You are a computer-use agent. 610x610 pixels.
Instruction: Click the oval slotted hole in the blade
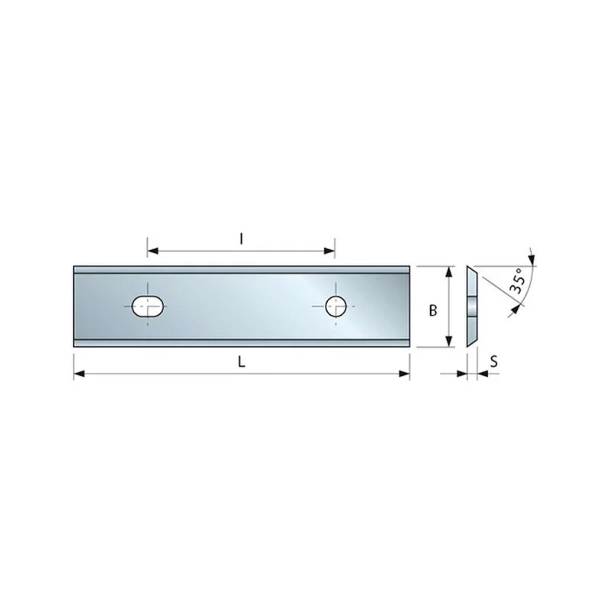click(x=147, y=307)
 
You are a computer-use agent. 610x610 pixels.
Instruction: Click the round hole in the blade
click(x=335, y=307)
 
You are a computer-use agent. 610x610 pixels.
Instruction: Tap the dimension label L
click(x=242, y=362)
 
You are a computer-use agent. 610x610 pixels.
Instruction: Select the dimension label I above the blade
click(x=241, y=239)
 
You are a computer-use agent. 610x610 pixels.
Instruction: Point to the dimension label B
click(x=432, y=310)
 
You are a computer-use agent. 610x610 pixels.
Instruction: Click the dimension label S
click(x=493, y=361)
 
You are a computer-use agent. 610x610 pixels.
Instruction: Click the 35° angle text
click(x=518, y=280)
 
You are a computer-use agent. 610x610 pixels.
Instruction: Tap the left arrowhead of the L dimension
click(x=79, y=374)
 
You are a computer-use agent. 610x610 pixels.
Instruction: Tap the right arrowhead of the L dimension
click(x=404, y=374)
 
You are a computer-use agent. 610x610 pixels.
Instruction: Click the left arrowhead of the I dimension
click(x=152, y=251)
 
